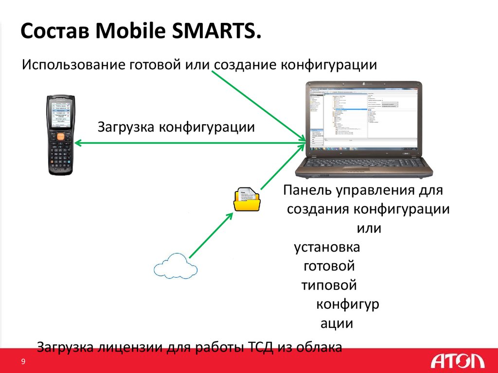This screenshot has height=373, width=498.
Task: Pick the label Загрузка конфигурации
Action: [176, 127]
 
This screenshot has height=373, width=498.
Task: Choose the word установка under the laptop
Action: [327, 247]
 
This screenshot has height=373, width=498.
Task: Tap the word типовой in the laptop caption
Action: [329, 285]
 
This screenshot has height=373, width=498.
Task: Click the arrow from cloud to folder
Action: [209, 236]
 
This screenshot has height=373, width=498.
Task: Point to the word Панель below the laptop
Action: [306, 190]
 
